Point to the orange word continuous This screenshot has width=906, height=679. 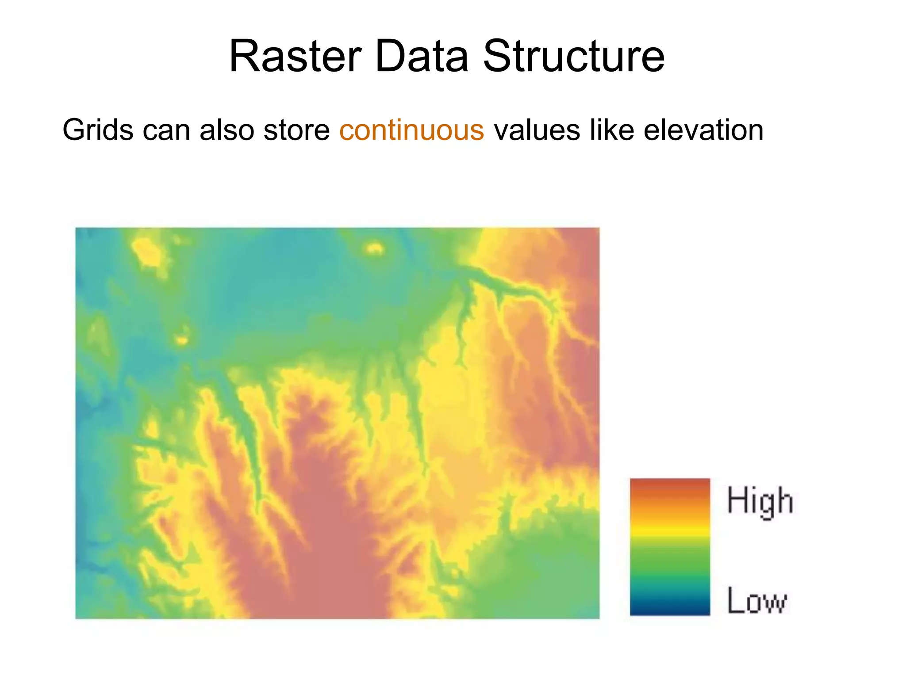[411, 130]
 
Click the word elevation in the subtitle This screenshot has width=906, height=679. [703, 130]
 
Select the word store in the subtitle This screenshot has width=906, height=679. [296, 130]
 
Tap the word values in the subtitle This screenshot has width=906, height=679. [537, 130]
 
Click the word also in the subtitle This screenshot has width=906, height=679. [226, 130]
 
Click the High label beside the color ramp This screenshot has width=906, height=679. [760, 501]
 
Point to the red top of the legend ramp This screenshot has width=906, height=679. [670, 485]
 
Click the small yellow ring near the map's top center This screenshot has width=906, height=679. [374, 248]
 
